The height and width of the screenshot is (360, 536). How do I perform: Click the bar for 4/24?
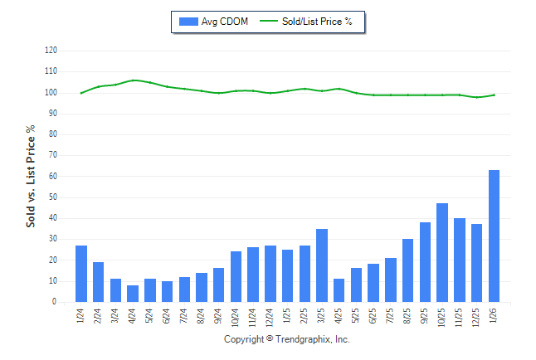click(x=133, y=294)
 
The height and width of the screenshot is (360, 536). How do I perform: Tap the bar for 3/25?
click(x=322, y=265)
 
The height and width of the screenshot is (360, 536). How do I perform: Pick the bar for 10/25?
click(x=442, y=253)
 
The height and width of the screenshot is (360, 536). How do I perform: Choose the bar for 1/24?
click(x=81, y=274)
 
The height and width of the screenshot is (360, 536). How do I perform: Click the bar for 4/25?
click(x=339, y=290)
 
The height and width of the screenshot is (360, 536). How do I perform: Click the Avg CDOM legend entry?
click(x=213, y=22)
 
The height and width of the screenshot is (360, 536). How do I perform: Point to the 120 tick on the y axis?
click(x=51, y=51)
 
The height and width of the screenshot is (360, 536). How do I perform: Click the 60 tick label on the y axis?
click(x=53, y=177)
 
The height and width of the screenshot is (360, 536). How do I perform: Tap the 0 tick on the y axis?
click(x=55, y=303)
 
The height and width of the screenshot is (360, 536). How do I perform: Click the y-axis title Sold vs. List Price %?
click(x=31, y=176)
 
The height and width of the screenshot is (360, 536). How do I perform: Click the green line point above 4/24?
click(x=133, y=80)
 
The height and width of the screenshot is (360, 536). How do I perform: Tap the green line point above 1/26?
click(x=494, y=95)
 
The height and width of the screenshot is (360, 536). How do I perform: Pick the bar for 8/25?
click(x=407, y=270)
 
